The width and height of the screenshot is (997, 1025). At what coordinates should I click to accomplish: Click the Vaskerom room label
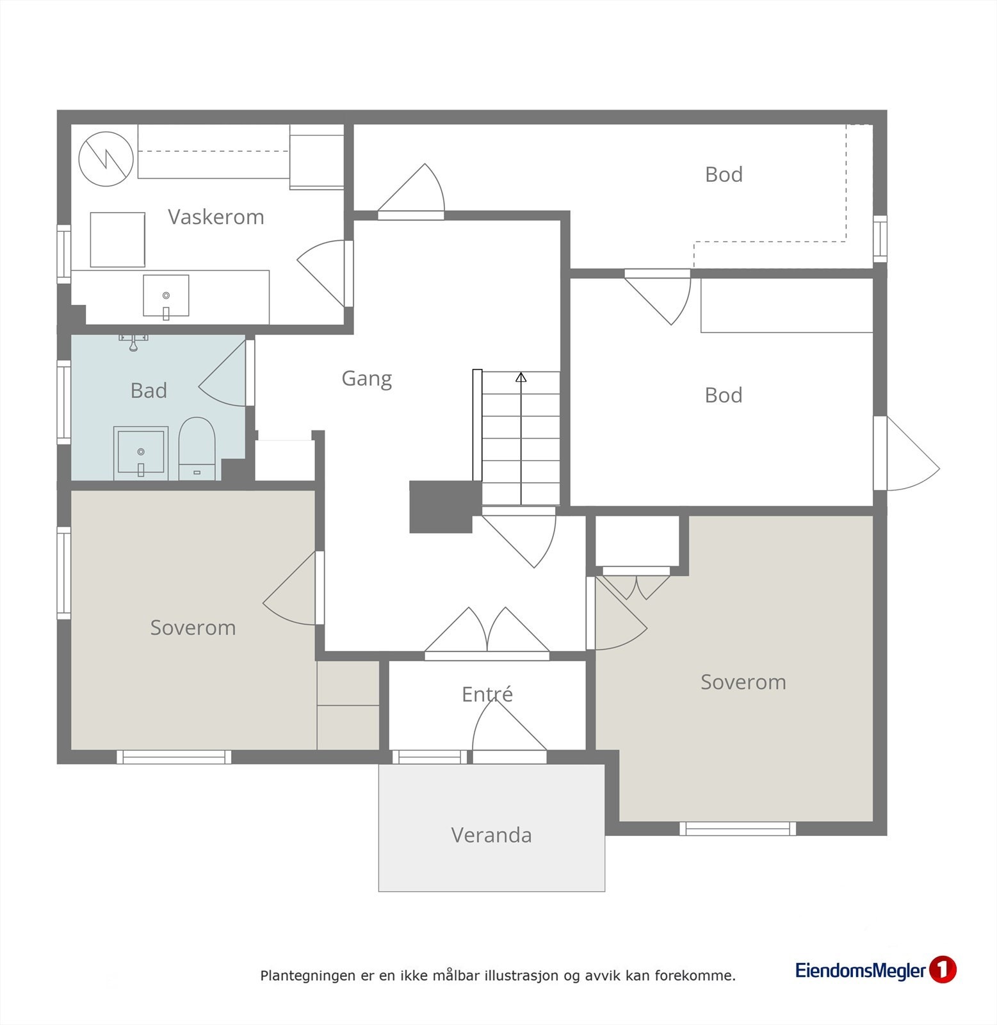coord(216,217)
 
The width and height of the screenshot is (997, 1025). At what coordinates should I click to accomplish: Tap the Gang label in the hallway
coord(367,379)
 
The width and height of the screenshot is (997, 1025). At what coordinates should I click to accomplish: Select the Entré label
coord(487,694)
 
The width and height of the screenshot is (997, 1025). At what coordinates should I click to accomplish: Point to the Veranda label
coord(492,835)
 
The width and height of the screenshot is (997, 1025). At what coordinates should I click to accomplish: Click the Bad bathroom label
coord(149,391)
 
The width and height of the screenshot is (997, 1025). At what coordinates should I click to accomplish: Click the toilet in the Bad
coord(196,448)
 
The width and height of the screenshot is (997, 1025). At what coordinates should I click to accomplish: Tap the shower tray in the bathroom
coord(141,454)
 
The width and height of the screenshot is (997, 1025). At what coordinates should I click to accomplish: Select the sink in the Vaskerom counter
coord(166,296)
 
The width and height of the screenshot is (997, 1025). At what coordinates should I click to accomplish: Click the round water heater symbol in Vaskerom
coord(106,159)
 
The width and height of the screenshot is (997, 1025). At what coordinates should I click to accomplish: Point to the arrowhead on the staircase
coord(521,377)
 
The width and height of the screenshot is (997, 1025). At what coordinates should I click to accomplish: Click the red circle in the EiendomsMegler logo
coord(942,970)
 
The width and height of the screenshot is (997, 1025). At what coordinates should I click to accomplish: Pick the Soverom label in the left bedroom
coord(193,628)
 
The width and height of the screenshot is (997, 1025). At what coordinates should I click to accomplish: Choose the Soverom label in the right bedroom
coord(743,682)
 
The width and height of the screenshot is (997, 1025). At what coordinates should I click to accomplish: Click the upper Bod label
coord(724,174)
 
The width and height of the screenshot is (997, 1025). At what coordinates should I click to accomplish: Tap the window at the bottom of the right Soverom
coord(738,829)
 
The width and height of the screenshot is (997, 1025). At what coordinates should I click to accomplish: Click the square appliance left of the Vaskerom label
coord(118,240)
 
